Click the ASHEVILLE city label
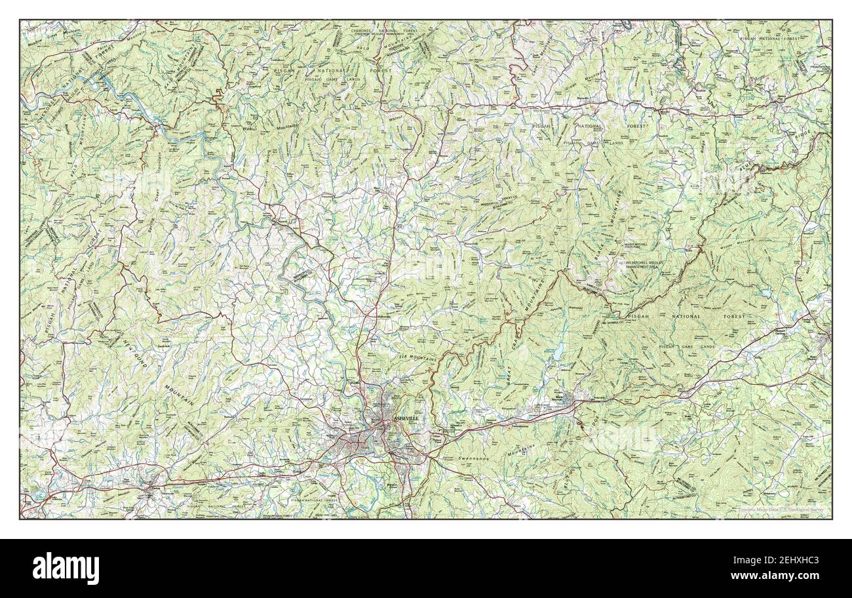click(405, 418)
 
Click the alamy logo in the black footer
click(66, 568)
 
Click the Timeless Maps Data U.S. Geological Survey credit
click(783, 509)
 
